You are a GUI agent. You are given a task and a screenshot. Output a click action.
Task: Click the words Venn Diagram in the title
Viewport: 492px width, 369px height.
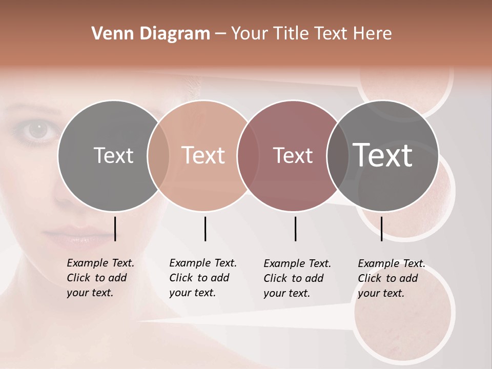[x=150, y=34]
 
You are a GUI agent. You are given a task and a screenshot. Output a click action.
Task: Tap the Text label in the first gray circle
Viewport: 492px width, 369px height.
[x=113, y=155]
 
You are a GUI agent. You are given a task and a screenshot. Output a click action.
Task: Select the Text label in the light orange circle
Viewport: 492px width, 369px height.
[x=203, y=155]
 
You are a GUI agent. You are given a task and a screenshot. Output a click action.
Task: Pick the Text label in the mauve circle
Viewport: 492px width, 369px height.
[x=293, y=155]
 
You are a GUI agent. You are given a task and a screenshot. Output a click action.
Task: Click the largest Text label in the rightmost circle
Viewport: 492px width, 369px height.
[x=383, y=155]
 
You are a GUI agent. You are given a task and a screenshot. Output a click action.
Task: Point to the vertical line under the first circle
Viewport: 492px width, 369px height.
[x=115, y=229]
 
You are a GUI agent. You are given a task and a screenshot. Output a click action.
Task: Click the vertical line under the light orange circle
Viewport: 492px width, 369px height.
[x=205, y=229]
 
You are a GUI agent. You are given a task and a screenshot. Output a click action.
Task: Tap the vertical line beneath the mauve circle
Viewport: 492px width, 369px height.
[x=295, y=229]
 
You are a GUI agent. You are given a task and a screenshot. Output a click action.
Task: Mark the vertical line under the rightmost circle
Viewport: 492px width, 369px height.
[x=381, y=229]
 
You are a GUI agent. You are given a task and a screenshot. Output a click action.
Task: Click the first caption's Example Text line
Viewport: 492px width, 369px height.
[x=100, y=263]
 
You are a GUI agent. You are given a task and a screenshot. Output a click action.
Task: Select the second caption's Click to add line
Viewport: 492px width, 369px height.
[x=199, y=278]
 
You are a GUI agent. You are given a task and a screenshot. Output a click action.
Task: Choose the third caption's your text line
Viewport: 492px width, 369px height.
[x=286, y=293]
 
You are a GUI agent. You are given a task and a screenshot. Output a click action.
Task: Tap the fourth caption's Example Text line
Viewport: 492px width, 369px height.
[x=392, y=263]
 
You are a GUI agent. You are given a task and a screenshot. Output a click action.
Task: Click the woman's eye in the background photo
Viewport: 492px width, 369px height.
[x=37, y=130]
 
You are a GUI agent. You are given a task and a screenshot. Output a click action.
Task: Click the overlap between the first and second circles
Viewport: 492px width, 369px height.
[x=158, y=156]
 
